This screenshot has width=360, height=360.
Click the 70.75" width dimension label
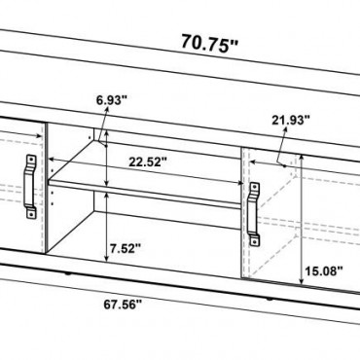tap(209, 43)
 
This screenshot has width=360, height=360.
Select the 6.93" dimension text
tap(112, 100)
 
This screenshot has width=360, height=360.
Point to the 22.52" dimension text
tap(148, 162)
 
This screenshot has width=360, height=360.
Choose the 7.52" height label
tap(126, 249)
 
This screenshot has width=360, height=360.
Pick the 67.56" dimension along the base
tap(123, 305)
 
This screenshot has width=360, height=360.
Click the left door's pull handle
tap(31, 186)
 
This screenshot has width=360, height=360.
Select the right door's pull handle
tap(254, 214)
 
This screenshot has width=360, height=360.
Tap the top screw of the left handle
tap(31, 160)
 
